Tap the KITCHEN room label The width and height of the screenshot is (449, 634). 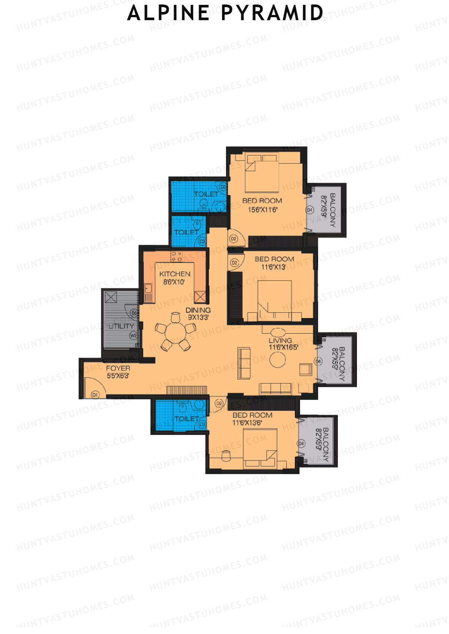175,274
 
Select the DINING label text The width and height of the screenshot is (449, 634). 198,310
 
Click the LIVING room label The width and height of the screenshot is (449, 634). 280,340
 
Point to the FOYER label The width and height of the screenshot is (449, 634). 118,368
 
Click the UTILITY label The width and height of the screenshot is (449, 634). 121,326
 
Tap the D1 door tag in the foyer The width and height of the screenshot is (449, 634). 95,395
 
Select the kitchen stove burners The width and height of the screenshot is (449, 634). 177,256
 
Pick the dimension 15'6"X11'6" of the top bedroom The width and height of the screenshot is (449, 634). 263,210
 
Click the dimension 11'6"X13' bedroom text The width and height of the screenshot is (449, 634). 274,267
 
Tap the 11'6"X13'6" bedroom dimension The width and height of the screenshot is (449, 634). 247,423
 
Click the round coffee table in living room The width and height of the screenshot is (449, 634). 278,359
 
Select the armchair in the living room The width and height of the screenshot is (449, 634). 305,369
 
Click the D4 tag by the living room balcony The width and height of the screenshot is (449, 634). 318,361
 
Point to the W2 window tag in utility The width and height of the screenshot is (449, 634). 133,335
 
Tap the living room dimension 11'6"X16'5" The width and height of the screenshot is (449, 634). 283,347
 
